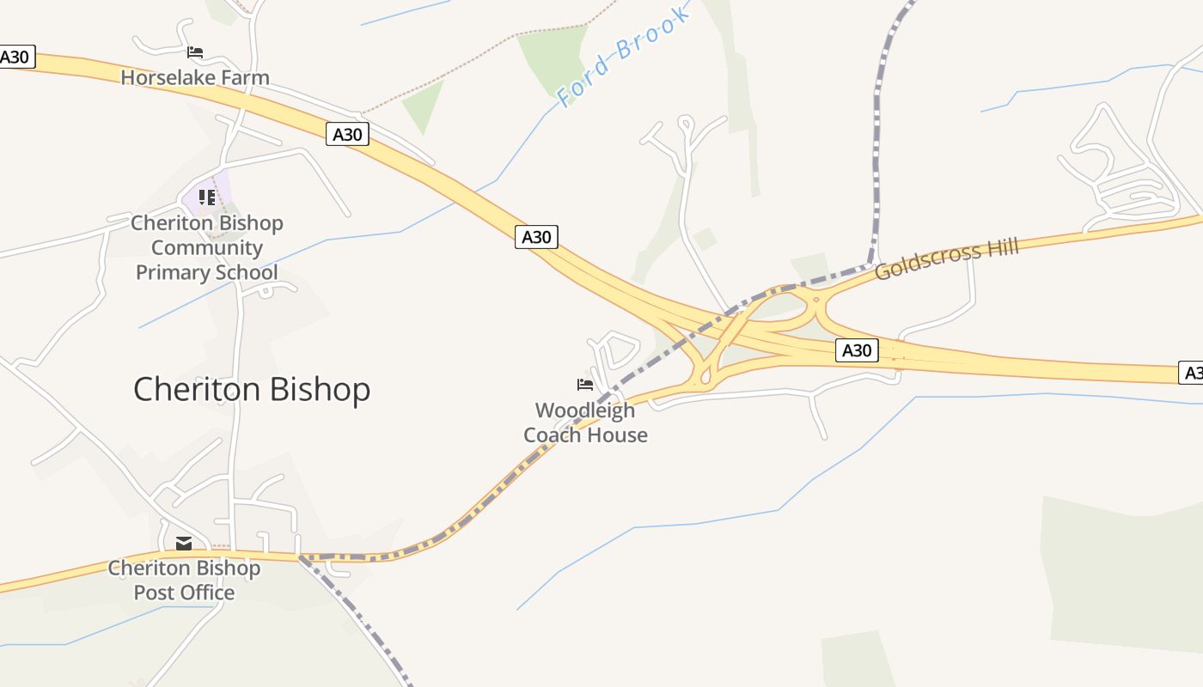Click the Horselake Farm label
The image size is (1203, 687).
[x=195, y=77]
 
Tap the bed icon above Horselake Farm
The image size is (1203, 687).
[x=195, y=52]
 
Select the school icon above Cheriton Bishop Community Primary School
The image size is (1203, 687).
[x=207, y=198]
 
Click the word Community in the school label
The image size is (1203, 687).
[x=207, y=248]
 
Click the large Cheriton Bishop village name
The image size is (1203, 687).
[x=252, y=389]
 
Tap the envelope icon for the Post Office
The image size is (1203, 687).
[x=184, y=543]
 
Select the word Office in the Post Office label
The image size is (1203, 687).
[x=207, y=593]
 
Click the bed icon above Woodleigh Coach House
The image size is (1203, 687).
[x=585, y=384]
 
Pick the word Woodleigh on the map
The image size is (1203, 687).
[x=585, y=410]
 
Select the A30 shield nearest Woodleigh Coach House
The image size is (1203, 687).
[x=537, y=236]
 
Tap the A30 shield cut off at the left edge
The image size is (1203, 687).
[x=15, y=58]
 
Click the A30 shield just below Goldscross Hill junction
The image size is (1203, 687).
[x=857, y=350]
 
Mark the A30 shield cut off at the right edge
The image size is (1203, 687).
[x=1191, y=373]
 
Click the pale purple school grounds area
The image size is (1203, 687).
[x=222, y=185]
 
